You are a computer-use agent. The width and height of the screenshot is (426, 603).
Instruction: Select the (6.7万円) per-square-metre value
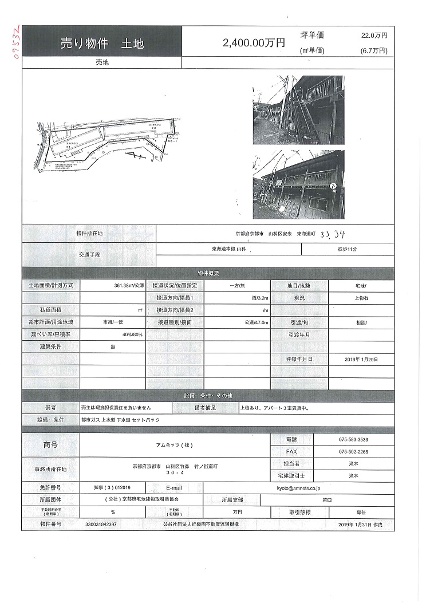[373, 50]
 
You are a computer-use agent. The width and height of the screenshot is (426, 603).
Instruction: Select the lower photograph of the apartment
[298, 184]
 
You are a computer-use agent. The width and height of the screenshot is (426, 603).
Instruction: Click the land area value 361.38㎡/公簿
[129, 285]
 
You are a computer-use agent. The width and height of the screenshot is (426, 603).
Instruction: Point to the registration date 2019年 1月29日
[361, 359]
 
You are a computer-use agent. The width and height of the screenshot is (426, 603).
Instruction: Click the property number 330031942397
[101, 524]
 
